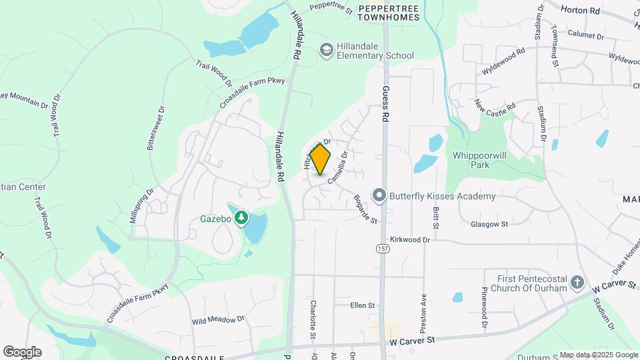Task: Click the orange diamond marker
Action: (x=321, y=159)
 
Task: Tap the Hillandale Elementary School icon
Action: (x=327, y=49)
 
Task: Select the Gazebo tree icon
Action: (x=241, y=218)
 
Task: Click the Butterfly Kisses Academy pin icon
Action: (x=379, y=196)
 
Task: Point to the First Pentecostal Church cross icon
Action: (x=577, y=283)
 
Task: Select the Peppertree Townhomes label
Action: (x=389, y=13)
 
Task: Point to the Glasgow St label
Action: (x=489, y=224)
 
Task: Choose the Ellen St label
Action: (x=363, y=305)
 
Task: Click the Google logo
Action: (x=22, y=351)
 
